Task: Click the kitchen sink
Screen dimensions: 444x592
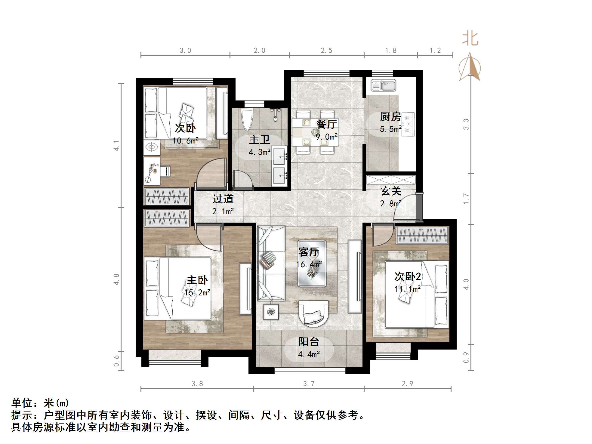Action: pos(383,85)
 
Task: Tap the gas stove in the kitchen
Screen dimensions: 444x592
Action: pos(408,124)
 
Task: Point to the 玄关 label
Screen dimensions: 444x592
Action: pos(391,191)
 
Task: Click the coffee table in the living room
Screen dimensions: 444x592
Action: pos(312,264)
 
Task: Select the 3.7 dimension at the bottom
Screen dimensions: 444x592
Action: pos(309,384)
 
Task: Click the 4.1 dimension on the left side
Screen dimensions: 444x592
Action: pos(116,146)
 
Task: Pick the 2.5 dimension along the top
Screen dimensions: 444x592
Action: pos(326,51)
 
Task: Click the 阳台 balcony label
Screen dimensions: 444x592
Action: pos(309,342)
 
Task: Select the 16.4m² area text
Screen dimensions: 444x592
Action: pos(309,264)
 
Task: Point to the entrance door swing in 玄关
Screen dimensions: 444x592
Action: pos(405,208)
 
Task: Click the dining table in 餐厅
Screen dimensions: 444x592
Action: pos(315,132)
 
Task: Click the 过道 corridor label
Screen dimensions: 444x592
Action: pos(223,199)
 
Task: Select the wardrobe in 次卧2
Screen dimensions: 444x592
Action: pos(422,236)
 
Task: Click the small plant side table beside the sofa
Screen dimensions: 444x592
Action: pos(271,312)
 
